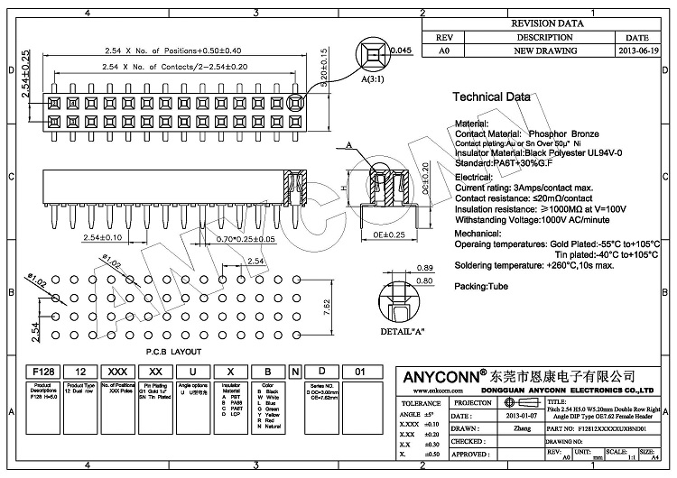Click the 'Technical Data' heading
tap(492, 97)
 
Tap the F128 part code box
tap(43, 371)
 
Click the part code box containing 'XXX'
tap(116, 371)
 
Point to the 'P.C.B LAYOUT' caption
tap(173, 352)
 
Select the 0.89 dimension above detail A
tap(425, 269)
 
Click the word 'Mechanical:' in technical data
tap(478, 232)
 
